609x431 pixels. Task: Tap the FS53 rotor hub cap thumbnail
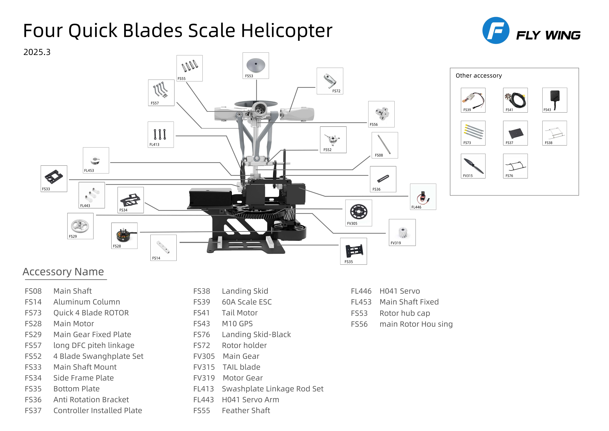[x=256, y=66]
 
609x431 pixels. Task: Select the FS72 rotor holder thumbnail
[x=330, y=81]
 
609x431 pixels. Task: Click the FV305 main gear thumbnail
[x=359, y=213]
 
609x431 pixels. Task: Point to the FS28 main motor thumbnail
[x=124, y=236]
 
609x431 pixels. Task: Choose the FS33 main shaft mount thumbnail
[x=54, y=179]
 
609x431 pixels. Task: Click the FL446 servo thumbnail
[x=423, y=197]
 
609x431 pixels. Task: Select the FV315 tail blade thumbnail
[x=473, y=166]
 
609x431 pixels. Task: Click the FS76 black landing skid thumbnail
[x=515, y=166]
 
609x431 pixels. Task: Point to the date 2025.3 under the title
[x=37, y=52]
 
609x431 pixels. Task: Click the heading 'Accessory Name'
[x=63, y=272]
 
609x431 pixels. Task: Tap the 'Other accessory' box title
[x=479, y=76]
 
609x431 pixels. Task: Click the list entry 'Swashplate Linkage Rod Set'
[x=273, y=389]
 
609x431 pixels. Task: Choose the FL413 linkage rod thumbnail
[x=161, y=135]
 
